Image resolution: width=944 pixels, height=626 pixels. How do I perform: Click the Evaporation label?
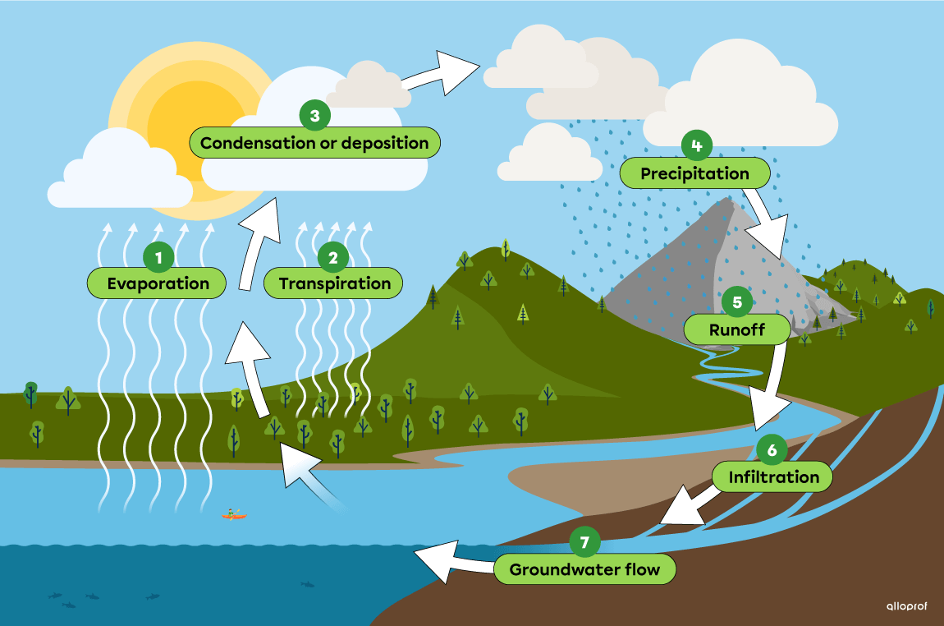coord(158,283)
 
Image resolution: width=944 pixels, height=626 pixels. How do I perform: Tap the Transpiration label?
coord(334,283)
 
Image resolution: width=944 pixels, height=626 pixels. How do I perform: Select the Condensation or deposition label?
coord(314,143)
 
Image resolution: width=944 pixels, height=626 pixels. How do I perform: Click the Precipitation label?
coord(694,173)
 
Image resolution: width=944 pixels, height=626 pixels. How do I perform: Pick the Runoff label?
coord(736,330)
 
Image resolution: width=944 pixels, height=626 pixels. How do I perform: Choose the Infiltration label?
coord(773,476)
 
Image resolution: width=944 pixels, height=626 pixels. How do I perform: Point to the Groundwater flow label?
coord(584,569)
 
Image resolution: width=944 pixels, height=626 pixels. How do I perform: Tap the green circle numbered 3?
coord(314,116)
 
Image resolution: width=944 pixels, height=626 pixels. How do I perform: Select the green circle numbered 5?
coord(736,302)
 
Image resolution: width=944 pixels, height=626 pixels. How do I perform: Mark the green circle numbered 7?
coord(584,542)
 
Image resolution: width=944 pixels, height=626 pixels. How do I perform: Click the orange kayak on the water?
coord(234,515)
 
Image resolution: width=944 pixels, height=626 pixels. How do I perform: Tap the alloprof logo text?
coord(905,606)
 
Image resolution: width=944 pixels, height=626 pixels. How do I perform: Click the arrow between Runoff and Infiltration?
coord(772,390)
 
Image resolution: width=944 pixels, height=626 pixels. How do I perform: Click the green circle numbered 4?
coord(696,145)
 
